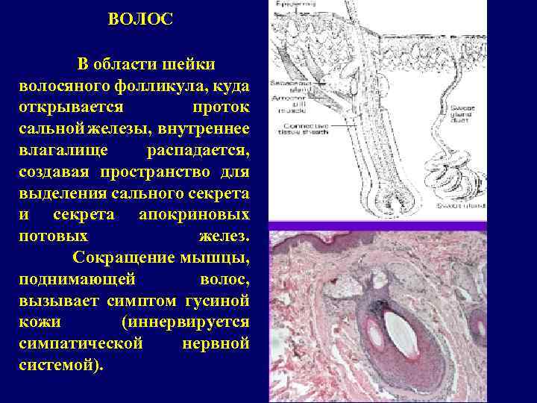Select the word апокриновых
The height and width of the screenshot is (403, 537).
coord(194,215)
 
